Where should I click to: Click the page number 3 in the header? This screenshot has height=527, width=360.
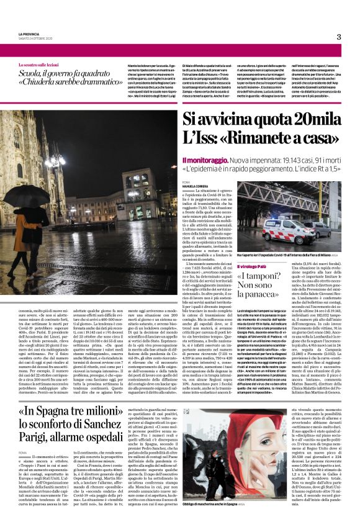pyautogui.click(x=339, y=37)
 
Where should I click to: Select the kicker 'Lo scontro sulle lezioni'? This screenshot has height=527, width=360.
pyautogui.click(x=42, y=64)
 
